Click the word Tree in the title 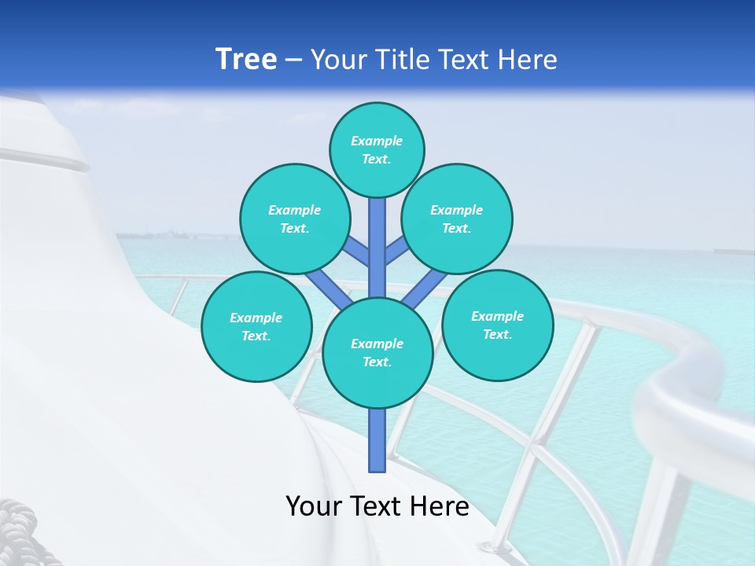tap(246, 60)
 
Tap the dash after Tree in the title tap(294, 61)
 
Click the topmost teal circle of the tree tap(377, 149)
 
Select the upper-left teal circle tap(295, 219)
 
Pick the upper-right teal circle tap(457, 219)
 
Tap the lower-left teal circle tap(256, 326)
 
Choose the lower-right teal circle tap(498, 325)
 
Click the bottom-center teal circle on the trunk tap(377, 353)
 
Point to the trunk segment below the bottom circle tap(377, 440)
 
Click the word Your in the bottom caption tap(314, 506)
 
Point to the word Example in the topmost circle tap(377, 141)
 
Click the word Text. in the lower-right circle tap(497, 334)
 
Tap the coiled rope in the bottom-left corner tap(20, 535)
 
